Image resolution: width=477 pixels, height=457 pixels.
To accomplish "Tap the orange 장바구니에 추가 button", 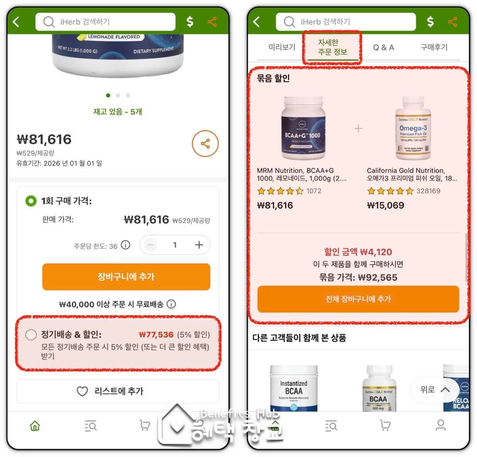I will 126,277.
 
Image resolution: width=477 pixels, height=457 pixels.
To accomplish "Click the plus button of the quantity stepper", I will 199,245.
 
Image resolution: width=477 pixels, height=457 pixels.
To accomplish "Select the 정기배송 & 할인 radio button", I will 31,335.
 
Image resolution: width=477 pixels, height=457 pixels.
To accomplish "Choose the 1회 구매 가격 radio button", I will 31,201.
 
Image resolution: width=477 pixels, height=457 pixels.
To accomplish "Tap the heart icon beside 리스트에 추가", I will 82,391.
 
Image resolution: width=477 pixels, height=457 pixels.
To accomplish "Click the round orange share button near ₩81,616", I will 205,143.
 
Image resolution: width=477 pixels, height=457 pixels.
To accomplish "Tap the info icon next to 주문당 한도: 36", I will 126,245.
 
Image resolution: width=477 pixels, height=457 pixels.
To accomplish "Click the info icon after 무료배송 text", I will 171,304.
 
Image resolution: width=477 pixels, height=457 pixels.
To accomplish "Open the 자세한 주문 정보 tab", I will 332,47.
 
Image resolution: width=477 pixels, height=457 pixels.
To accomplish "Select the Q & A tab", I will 383,48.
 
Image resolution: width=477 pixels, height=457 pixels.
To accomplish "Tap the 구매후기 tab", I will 434,47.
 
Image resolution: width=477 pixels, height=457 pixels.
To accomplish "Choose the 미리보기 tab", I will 282,47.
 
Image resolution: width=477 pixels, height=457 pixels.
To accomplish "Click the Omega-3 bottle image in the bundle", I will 413,128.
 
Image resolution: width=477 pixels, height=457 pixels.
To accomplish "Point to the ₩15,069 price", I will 385,205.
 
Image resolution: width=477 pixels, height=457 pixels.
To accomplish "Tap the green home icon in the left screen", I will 35,426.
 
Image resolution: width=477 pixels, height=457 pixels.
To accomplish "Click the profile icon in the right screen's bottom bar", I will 440,426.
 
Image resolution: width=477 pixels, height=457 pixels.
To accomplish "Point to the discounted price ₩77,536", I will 156,335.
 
